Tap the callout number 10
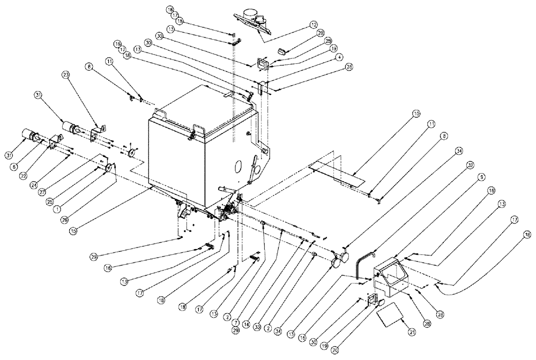(416, 114)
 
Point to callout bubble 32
(470, 165)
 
